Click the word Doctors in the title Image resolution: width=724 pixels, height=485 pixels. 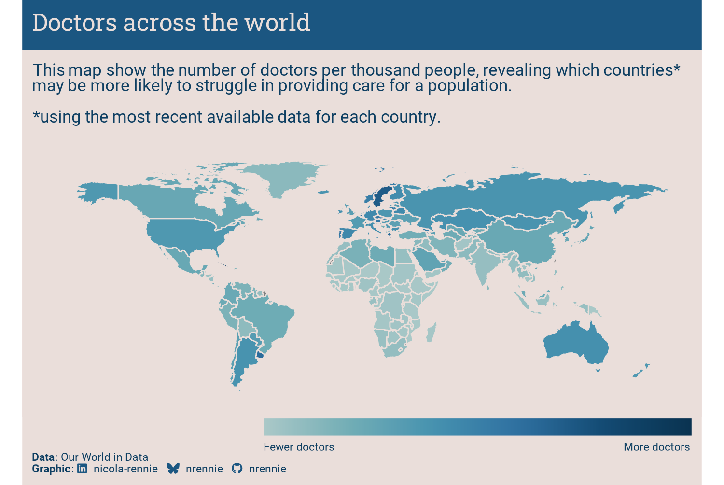(x=74, y=23)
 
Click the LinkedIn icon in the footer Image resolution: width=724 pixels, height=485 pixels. (x=82, y=468)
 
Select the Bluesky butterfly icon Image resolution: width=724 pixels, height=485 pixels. (x=173, y=468)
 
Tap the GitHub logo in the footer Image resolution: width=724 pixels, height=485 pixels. (x=237, y=468)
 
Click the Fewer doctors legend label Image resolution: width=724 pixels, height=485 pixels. (x=299, y=447)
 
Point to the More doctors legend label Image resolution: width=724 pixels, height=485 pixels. (x=657, y=447)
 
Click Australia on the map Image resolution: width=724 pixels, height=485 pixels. (x=575, y=344)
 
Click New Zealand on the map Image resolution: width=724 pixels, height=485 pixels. (x=641, y=371)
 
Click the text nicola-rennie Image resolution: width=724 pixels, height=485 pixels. (x=125, y=469)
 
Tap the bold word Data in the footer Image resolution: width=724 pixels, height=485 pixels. (x=43, y=457)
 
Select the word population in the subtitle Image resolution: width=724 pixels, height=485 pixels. (x=469, y=86)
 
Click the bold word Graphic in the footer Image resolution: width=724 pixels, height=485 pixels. (x=51, y=469)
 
